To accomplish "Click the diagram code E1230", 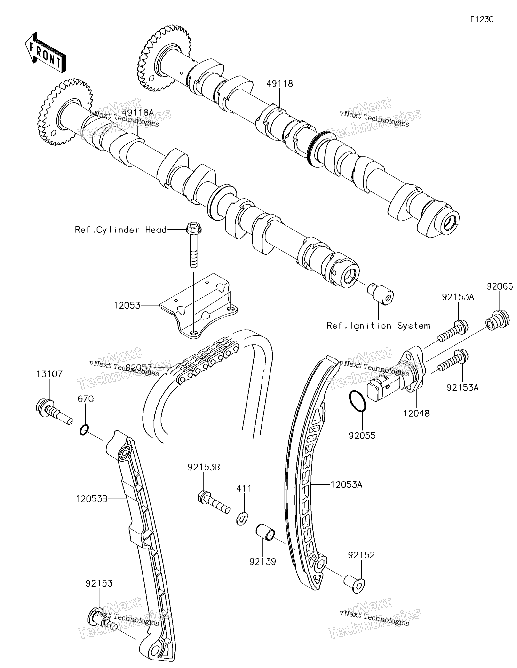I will [x=482, y=20].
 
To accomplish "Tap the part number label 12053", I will [x=127, y=305].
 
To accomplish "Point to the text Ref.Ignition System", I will [x=378, y=326].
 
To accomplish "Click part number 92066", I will [x=500, y=286].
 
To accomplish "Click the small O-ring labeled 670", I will [x=84, y=430].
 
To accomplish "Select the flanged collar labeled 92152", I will [x=354, y=584].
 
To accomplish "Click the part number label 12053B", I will [x=91, y=499].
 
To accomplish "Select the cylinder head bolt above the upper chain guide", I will [x=193, y=245].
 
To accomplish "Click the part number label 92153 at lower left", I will [x=99, y=583].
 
